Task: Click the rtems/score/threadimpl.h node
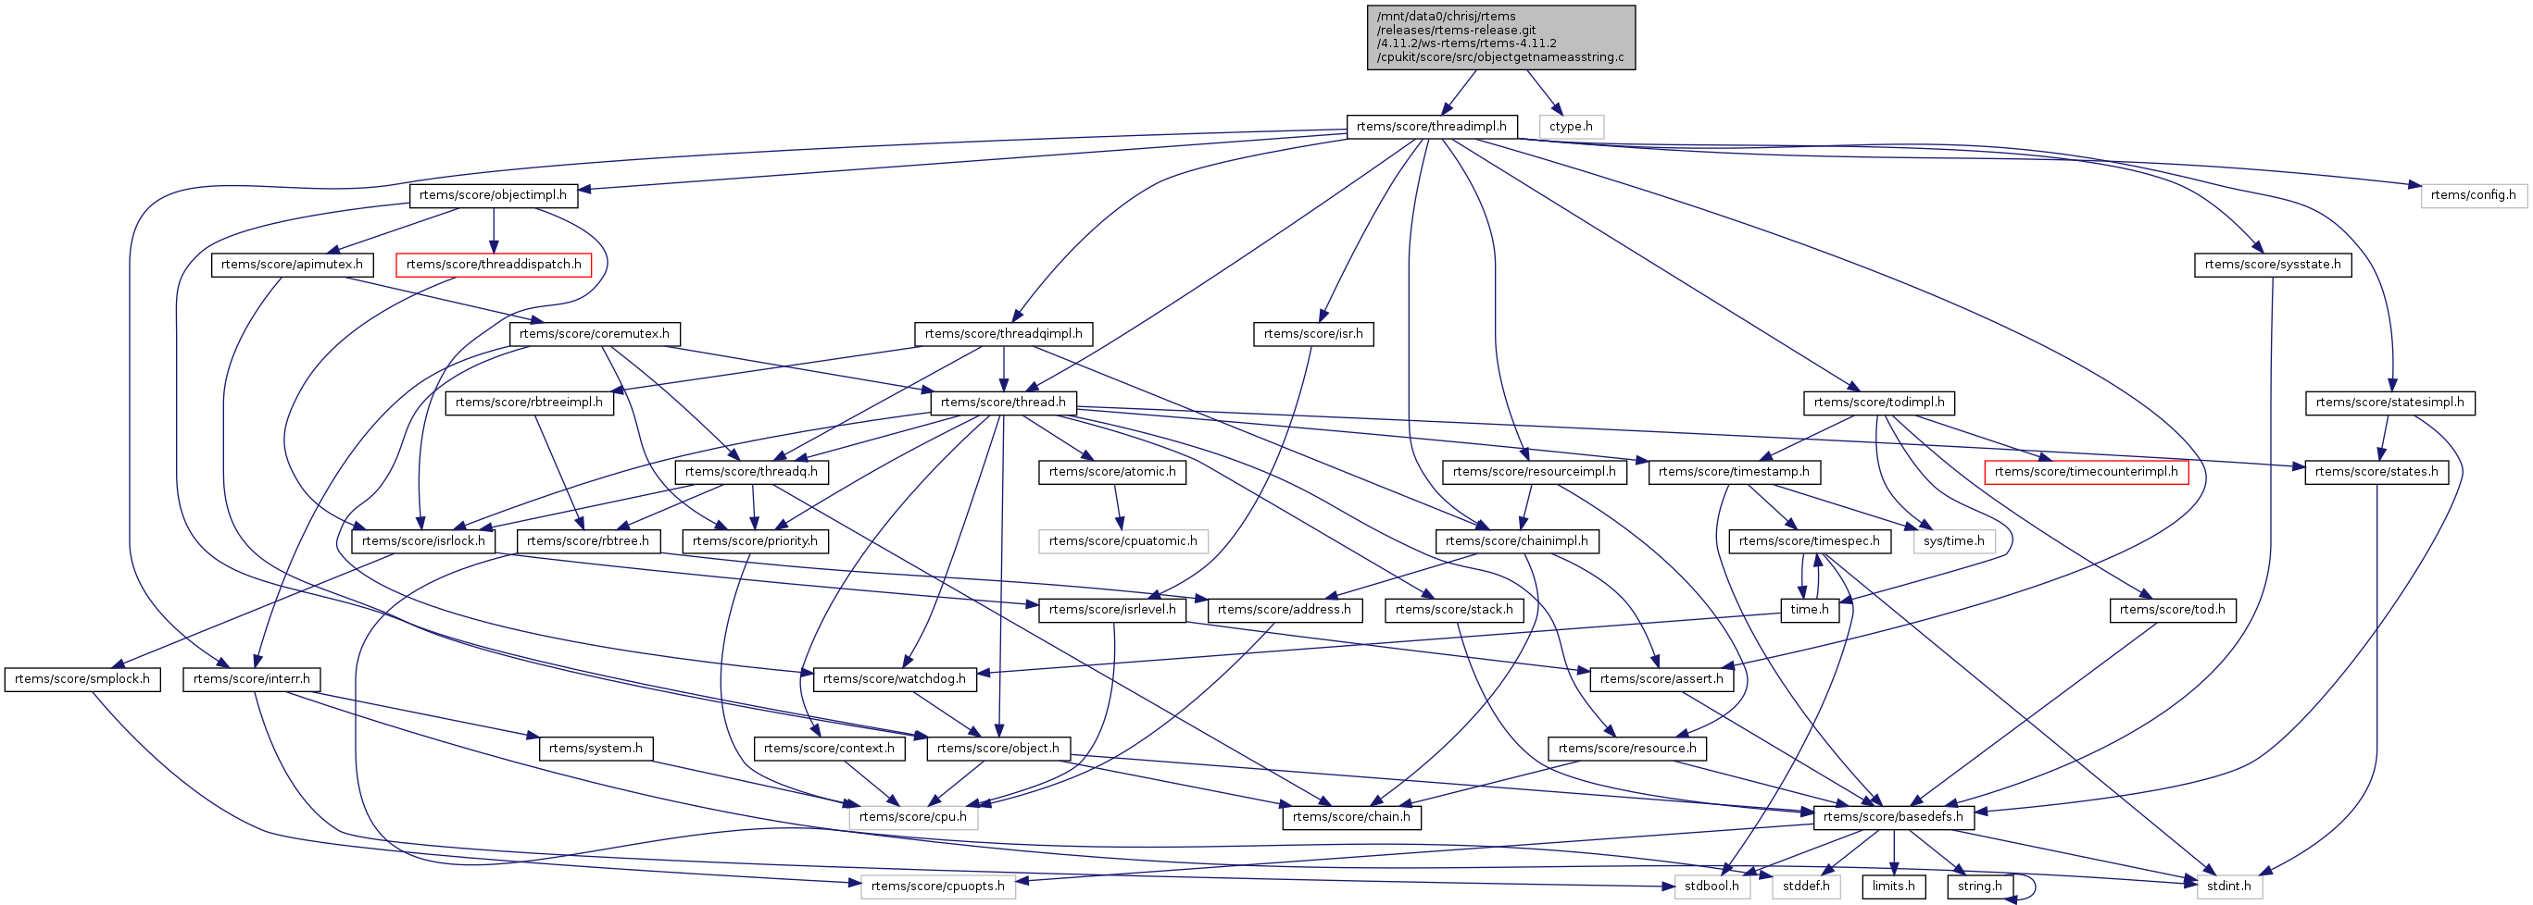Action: click(x=1431, y=127)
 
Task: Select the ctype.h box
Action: click(x=1571, y=127)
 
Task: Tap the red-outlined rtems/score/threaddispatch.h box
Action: click(x=493, y=266)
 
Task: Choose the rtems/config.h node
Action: click(x=2472, y=195)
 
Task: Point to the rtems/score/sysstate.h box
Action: click(x=2272, y=266)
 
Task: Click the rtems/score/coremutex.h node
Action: click(x=594, y=334)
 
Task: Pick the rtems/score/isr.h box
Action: click(x=1312, y=334)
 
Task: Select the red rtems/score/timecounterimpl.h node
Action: click(x=2086, y=473)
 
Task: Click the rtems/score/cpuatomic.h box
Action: click(x=1122, y=541)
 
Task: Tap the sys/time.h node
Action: click(x=1953, y=541)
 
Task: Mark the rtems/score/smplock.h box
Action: click(x=82, y=680)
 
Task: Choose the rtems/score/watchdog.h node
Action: click(x=894, y=680)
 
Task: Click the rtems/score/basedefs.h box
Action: click(x=1892, y=817)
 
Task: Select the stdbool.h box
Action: click(x=1711, y=887)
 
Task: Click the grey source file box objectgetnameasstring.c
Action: click(x=1500, y=37)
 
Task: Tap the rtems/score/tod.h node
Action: click(x=2172, y=610)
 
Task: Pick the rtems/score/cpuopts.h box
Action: click(x=937, y=887)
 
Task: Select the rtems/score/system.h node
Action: click(x=595, y=749)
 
